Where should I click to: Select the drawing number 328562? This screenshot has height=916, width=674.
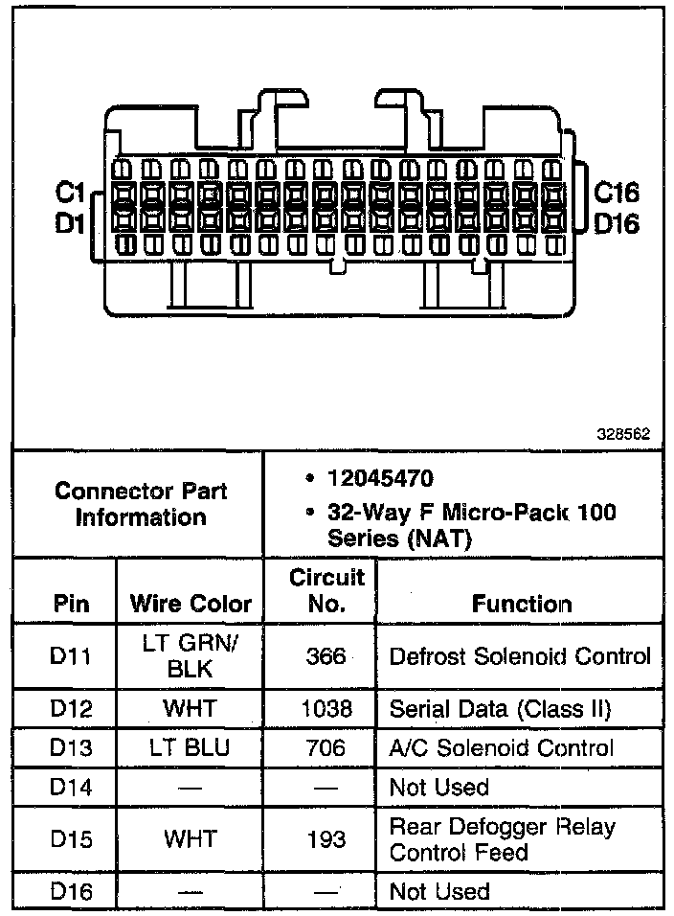tap(624, 433)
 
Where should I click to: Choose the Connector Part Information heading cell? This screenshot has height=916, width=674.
tap(141, 504)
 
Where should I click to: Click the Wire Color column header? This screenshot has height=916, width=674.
tap(190, 604)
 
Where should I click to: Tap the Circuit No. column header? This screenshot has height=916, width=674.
tap(326, 590)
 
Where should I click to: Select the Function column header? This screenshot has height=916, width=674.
tap(522, 604)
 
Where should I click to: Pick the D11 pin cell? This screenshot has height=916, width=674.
tap(70, 657)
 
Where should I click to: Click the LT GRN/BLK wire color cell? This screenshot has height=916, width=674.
tap(190, 657)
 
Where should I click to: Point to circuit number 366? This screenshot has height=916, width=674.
tap(326, 657)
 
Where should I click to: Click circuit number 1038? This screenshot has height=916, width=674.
tap(326, 710)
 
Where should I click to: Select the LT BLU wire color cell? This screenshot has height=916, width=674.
tap(190, 748)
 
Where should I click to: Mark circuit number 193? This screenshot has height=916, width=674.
tap(326, 838)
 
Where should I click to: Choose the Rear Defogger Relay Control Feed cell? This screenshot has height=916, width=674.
tap(502, 838)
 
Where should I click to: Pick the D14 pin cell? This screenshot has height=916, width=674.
tap(70, 788)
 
